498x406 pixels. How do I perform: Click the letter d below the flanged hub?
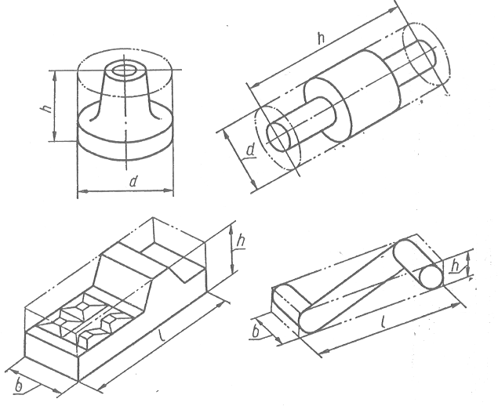coord(133,182)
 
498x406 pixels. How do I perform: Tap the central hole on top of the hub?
coord(123,71)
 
